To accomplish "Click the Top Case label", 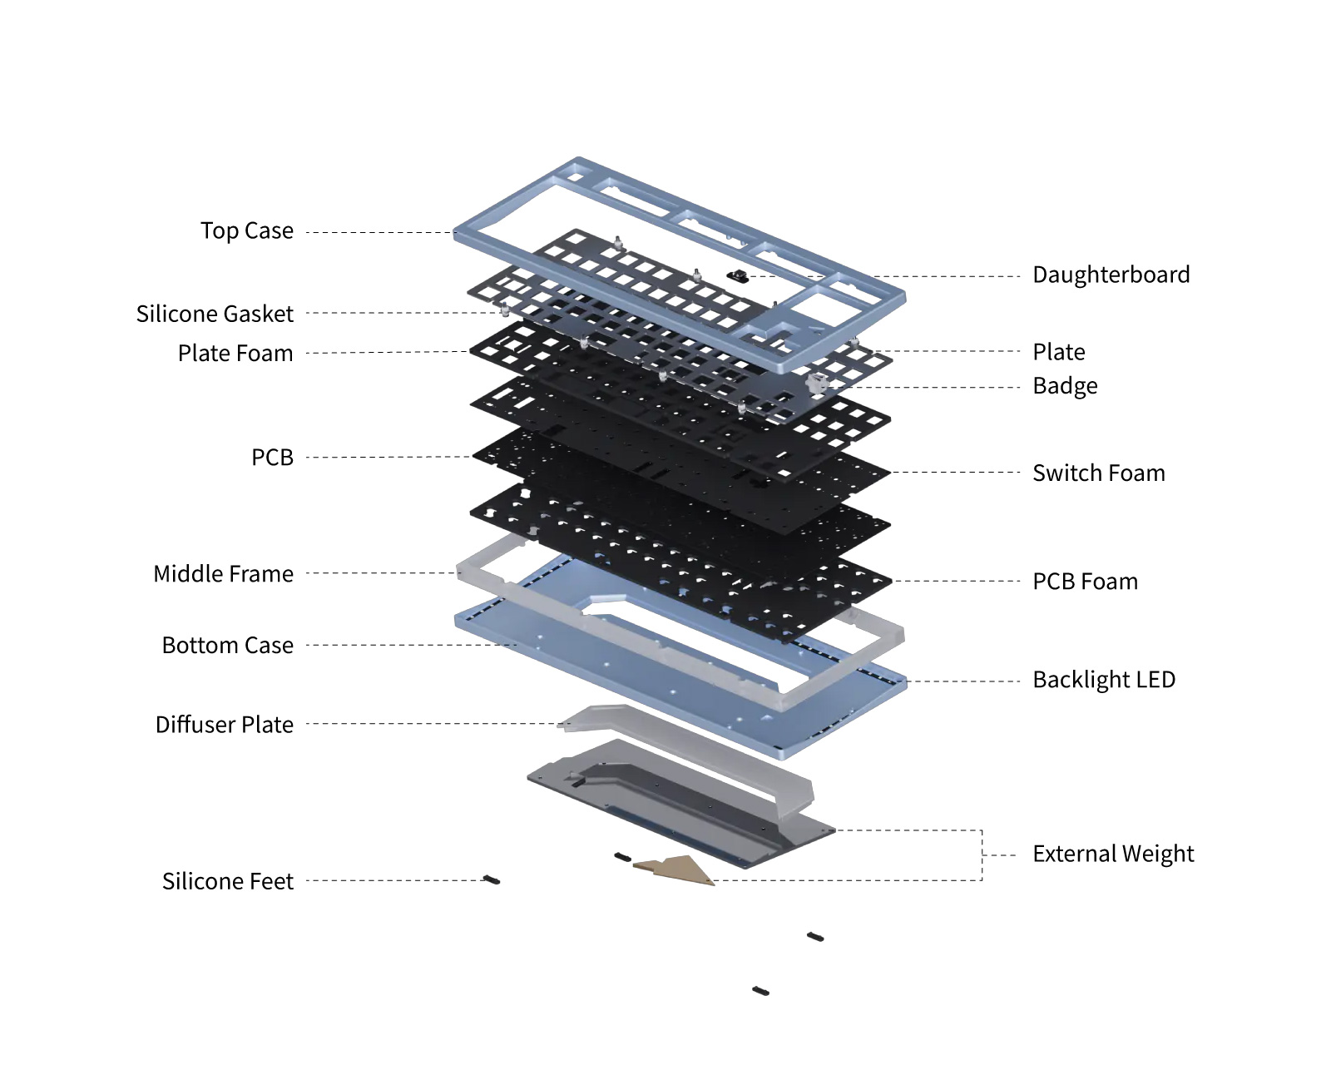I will [x=246, y=230].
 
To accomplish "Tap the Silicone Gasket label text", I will [x=215, y=314].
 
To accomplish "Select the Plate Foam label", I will [x=235, y=353].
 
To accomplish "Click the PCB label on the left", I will [x=272, y=457].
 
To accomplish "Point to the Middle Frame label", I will [x=223, y=573].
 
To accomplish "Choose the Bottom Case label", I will [x=227, y=645].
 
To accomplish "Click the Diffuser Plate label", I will [x=224, y=724].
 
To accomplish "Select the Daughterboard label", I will [x=1111, y=275].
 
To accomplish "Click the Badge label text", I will [x=1065, y=386].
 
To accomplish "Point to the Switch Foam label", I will [x=1098, y=473].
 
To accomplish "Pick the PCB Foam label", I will [x=1085, y=581].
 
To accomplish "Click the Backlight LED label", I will [x=1103, y=679].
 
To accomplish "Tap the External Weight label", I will [x=1112, y=854].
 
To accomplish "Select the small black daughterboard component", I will [x=738, y=275].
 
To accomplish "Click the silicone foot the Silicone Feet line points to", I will [x=492, y=879].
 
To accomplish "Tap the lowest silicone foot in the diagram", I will [x=760, y=991].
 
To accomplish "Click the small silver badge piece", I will [x=818, y=383].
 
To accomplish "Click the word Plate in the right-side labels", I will [x=1058, y=352].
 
